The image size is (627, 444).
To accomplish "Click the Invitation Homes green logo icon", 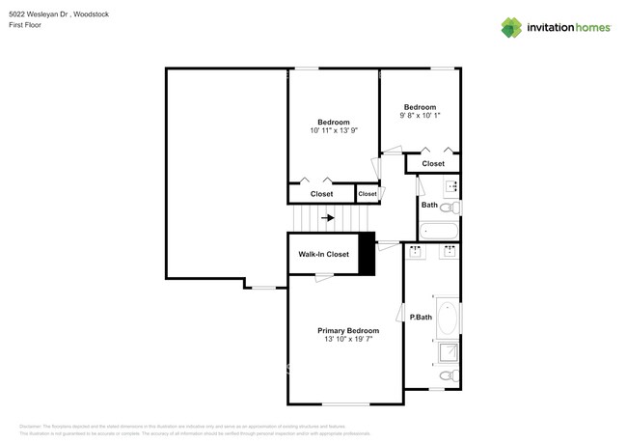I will pos(511,28).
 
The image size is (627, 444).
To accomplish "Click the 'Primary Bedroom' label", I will pos(347,330).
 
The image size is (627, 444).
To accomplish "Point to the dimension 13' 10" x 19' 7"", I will pos(347,340).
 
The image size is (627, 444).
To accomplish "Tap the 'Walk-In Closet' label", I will pos(323,255).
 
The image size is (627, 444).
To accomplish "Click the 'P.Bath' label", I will pos(421,318).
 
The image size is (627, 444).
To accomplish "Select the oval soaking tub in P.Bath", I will pos(449,318).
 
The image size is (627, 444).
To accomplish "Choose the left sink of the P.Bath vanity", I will pos(416,253).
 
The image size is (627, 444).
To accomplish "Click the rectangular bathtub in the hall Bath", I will pos(440,232).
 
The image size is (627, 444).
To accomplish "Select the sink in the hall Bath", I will pos(450,184).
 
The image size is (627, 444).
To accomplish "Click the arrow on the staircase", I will pos(329,218).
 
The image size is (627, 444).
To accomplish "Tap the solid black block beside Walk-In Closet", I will pos(367,255).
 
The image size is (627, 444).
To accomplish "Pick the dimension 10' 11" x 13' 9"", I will pos(334,131).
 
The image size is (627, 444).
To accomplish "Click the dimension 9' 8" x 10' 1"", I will pos(420,116).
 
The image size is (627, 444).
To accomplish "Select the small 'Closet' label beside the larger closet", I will pos(368,194).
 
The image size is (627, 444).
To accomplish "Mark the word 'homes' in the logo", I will pos(589,28).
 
